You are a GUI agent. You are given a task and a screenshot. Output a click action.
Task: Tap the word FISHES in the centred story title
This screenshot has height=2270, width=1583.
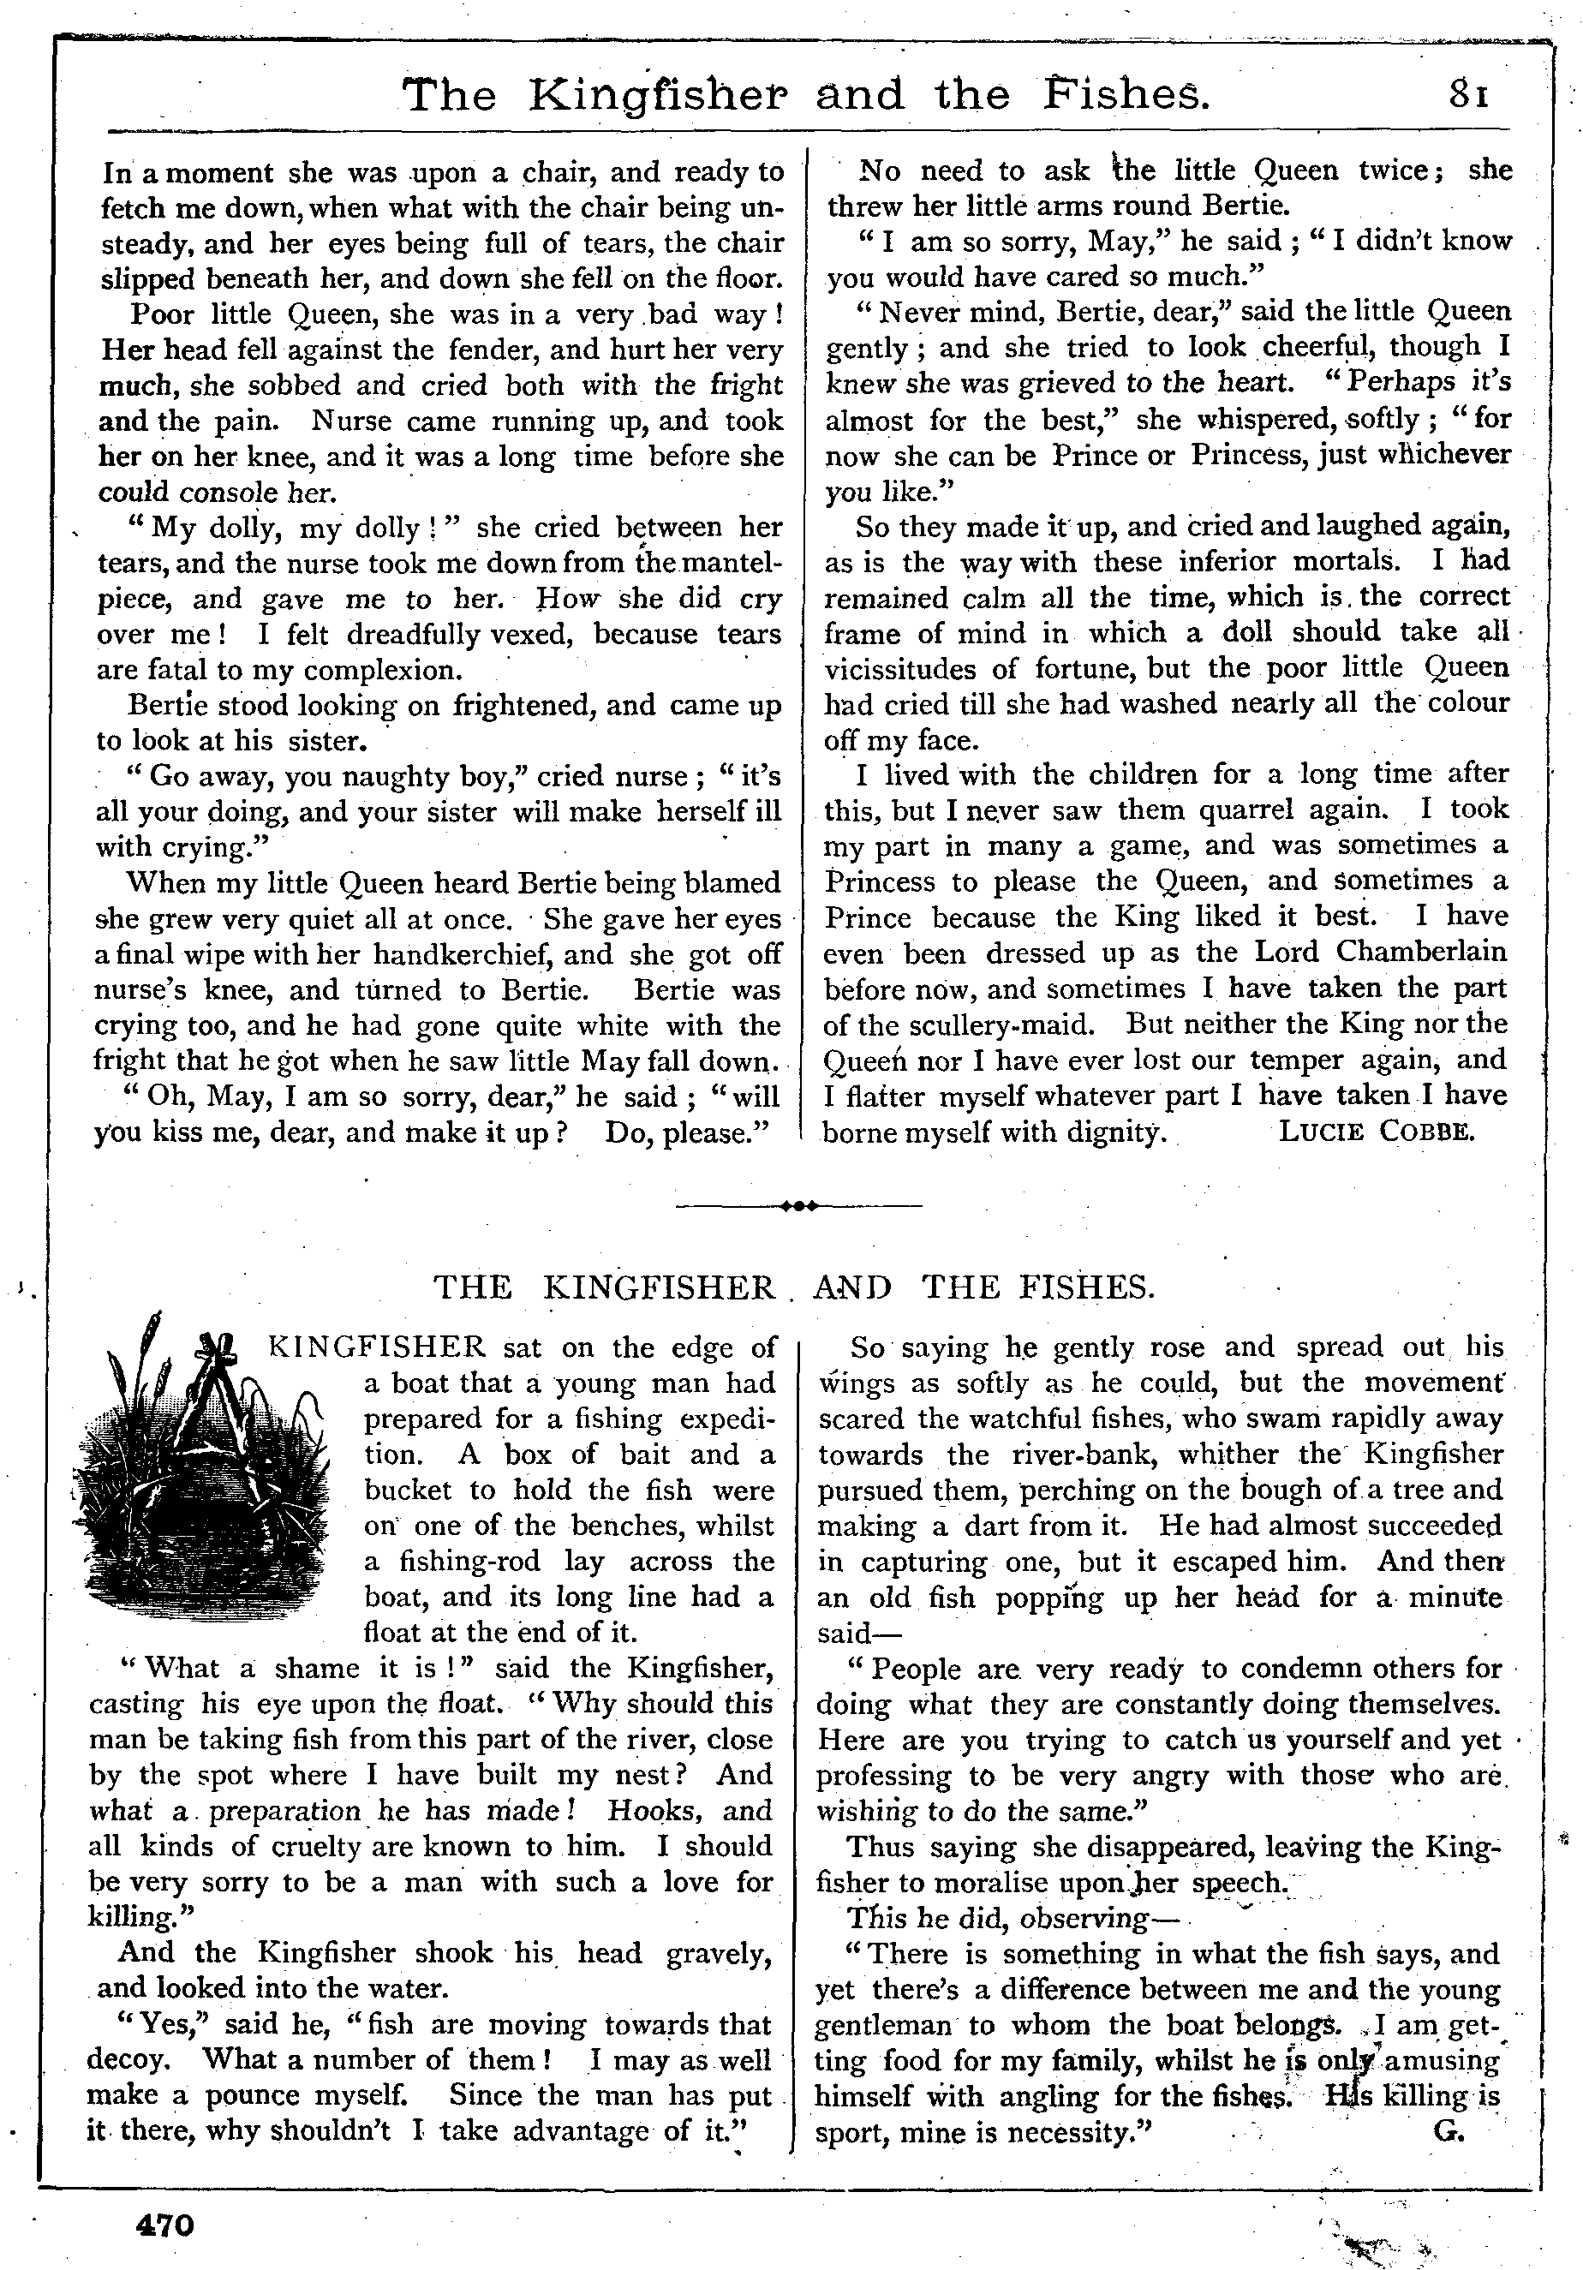click(1087, 1287)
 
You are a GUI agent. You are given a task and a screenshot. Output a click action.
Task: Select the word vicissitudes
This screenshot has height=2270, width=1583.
click(904, 668)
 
